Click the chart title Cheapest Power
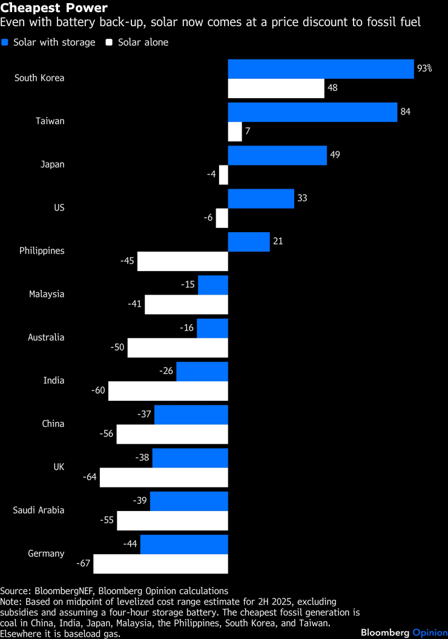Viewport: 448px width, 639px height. [x=54, y=8]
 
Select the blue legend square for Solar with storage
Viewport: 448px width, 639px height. [x=5, y=42]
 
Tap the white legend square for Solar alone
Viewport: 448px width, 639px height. [x=110, y=42]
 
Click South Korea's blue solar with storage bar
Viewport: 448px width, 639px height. [x=320, y=69]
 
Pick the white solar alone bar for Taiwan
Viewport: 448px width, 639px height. [x=235, y=132]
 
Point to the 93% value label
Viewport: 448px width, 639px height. [x=424, y=69]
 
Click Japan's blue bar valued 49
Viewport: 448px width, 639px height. [x=277, y=155]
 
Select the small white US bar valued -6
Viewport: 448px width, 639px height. [x=222, y=218]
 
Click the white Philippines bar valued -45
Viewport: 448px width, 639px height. [x=182, y=261]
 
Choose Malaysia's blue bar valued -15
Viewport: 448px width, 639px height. [x=213, y=285]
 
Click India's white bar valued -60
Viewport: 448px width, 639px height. [x=168, y=390]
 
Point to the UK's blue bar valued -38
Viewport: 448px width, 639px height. [x=190, y=458]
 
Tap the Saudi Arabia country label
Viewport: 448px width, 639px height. [x=39, y=510]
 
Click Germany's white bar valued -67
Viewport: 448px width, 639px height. [x=160, y=563]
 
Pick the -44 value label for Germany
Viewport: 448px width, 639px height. [x=130, y=544]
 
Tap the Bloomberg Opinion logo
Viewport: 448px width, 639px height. [x=403, y=632]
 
